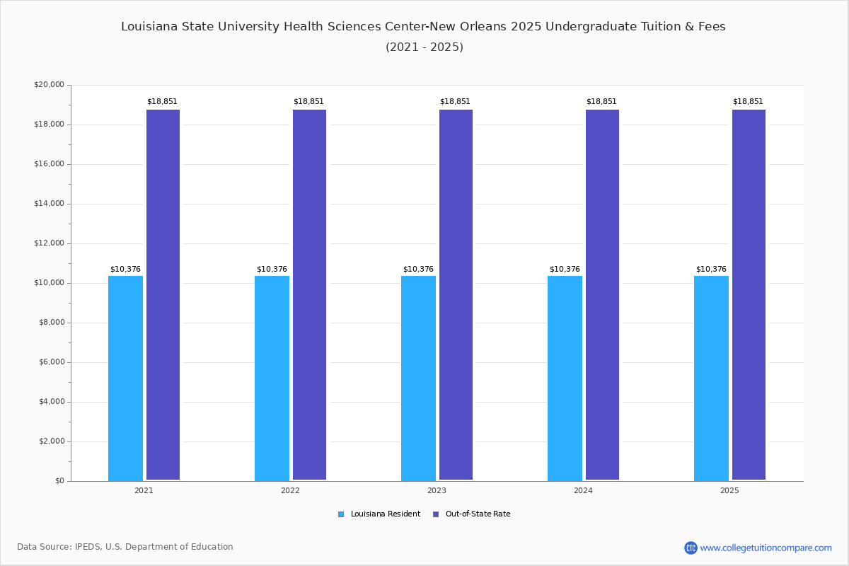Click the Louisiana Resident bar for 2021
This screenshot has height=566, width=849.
[125, 378]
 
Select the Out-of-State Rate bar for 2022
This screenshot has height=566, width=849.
[309, 294]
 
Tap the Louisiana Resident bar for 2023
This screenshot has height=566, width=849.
[418, 378]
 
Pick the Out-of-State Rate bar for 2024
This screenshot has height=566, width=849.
[602, 294]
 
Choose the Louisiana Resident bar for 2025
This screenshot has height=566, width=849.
[711, 378]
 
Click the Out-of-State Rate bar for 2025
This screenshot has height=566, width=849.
[749, 294]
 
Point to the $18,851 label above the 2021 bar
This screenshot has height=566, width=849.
[162, 102]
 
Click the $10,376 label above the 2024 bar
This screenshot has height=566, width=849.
[565, 270]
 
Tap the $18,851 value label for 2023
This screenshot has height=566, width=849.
[455, 102]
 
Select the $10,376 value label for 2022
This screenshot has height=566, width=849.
[272, 270]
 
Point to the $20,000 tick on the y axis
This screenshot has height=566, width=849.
[49, 85]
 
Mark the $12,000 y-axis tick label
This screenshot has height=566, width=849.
[49, 243]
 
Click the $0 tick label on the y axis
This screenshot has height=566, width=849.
[59, 481]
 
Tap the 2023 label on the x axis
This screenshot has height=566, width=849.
[437, 490]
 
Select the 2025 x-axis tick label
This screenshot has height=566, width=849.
[729, 490]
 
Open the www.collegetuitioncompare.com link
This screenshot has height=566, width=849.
[766, 548]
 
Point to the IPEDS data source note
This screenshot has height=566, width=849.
[125, 547]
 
